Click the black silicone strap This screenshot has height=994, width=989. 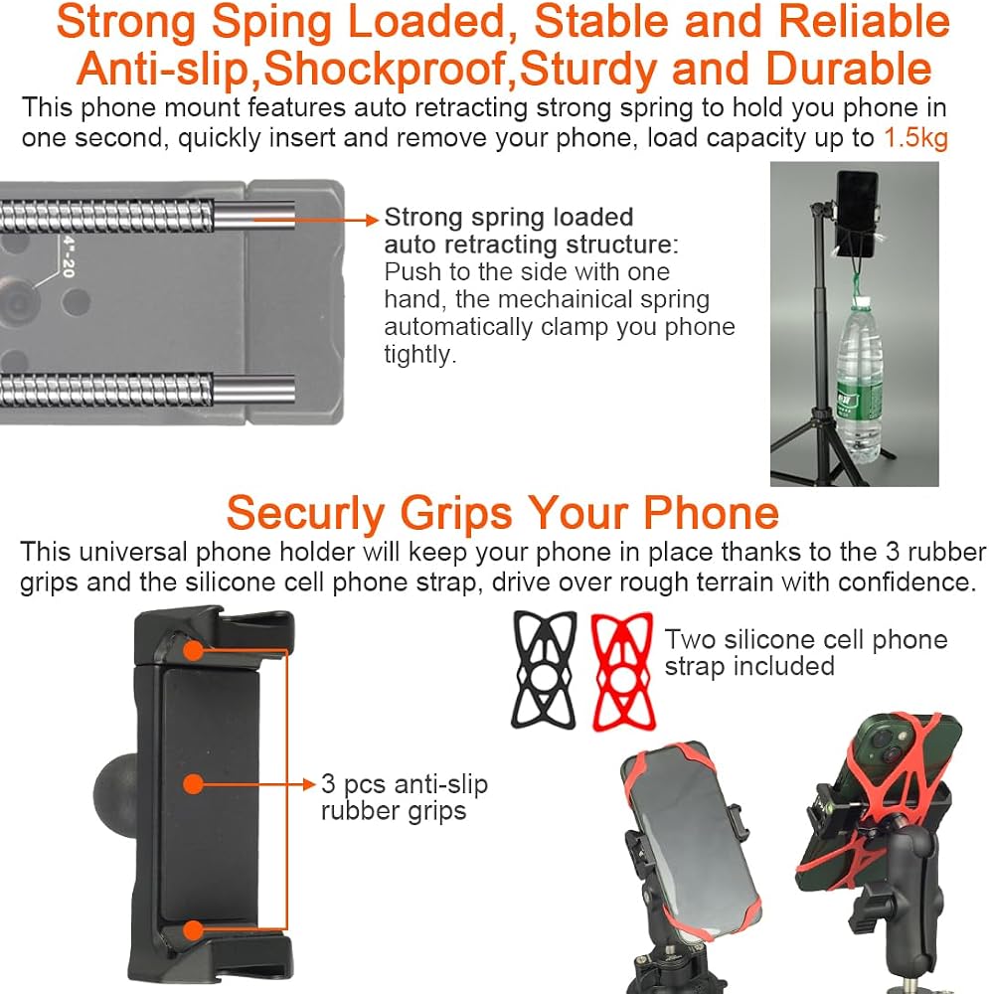545,669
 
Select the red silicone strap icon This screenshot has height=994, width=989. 622,671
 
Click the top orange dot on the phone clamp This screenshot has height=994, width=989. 194,650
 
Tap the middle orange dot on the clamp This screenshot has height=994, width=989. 194,784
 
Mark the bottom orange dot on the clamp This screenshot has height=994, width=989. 194,930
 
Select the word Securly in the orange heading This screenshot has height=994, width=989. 305,513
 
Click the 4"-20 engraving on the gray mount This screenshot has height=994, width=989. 69,256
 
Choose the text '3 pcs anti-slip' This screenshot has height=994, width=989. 404,783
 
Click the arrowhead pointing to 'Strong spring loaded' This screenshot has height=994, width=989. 373,220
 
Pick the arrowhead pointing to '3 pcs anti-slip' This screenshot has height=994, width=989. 309,784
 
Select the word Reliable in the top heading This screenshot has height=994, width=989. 864,22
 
